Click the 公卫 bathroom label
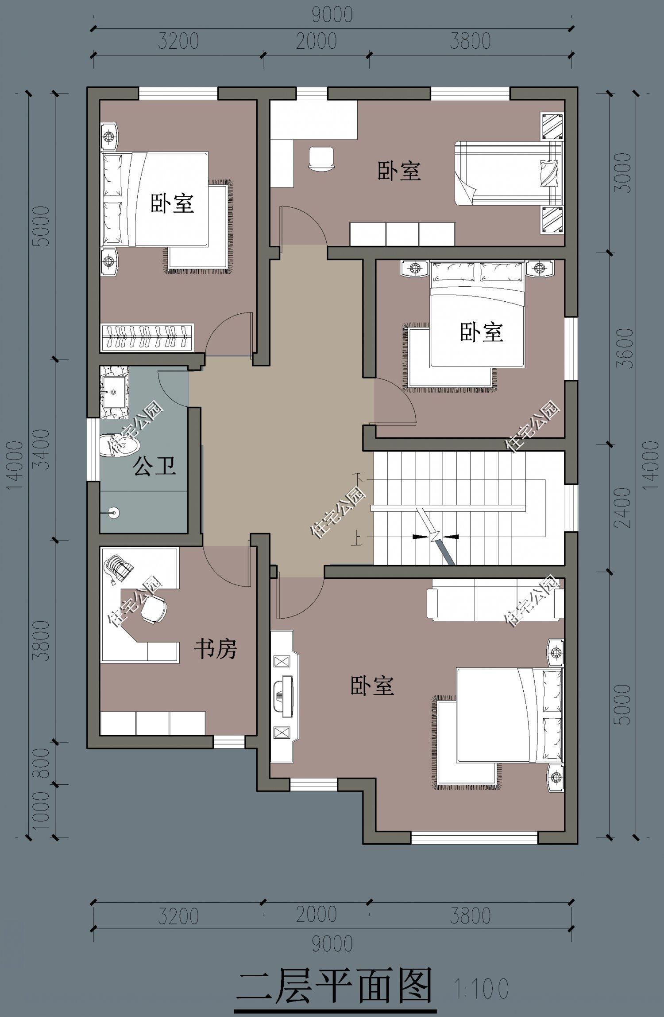(x=154, y=466)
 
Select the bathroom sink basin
(x=114, y=392)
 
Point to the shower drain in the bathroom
(x=114, y=513)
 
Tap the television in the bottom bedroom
(x=283, y=695)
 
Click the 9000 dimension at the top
(x=332, y=15)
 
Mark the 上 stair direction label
(x=355, y=539)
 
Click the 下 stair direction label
(x=358, y=479)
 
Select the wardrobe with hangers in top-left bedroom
(x=147, y=338)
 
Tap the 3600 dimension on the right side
(x=624, y=348)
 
